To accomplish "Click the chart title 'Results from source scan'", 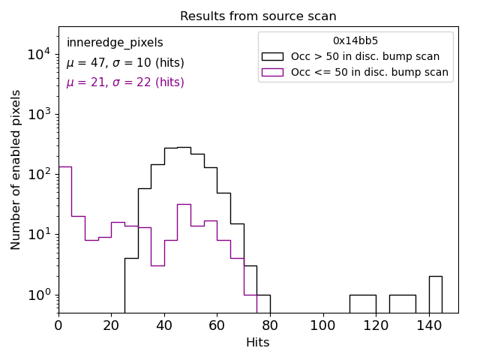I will (258, 16).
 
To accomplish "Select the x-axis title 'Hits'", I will (258, 343).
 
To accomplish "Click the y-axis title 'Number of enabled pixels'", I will (16, 169).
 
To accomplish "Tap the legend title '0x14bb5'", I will (355, 41).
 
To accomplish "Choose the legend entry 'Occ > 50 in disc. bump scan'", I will (365, 56).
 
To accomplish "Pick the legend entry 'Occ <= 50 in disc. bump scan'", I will (369, 73).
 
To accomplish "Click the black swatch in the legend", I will (272, 56).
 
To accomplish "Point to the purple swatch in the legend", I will (272, 73).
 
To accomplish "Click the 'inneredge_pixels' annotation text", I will (115, 43).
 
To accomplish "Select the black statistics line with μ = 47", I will (125, 63).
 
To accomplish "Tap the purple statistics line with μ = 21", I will (125, 82).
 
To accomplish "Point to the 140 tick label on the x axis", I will (429, 325).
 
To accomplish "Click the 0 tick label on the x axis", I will (58, 325).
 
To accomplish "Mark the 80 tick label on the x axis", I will (270, 325).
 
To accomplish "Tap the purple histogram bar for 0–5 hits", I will (65, 240).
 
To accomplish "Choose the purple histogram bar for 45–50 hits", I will (184, 255).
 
